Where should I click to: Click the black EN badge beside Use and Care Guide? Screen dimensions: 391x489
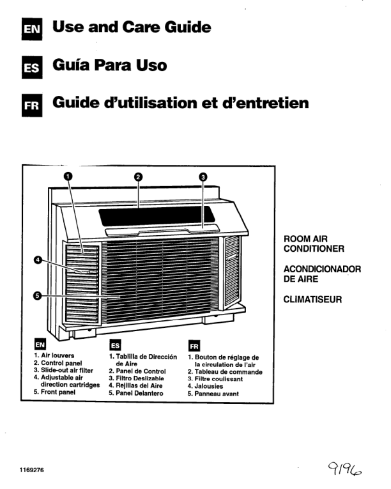tap(32, 29)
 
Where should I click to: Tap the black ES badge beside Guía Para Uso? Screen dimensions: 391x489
tap(32, 67)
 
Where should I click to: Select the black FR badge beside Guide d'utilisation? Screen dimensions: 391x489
tap(32, 105)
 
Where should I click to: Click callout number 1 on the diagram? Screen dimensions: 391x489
tap(68, 176)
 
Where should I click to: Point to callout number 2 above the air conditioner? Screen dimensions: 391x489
tap(139, 177)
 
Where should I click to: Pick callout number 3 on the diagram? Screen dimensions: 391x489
tap(203, 177)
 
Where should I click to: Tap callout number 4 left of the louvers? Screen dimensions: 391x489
tap(38, 260)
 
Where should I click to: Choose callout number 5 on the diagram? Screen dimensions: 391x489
tap(38, 296)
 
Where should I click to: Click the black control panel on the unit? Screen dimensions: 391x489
tap(157, 216)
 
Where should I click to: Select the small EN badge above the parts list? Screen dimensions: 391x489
tap(40, 345)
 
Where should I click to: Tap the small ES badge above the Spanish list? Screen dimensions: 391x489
tap(116, 346)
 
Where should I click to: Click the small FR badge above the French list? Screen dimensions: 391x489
tap(194, 346)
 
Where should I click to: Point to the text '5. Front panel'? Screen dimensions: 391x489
tap(54, 392)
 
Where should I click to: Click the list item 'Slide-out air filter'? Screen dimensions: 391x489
tap(67, 370)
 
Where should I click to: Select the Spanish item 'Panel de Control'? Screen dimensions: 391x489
tap(141, 371)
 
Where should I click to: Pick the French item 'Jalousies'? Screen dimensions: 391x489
tap(208, 386)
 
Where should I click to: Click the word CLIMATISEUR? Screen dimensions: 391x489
tap(312, 299)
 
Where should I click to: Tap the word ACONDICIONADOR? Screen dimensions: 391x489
tap(322, 269)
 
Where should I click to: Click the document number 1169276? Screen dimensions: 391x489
tap(32, 470)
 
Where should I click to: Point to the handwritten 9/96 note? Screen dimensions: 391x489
tap(344, 469)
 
